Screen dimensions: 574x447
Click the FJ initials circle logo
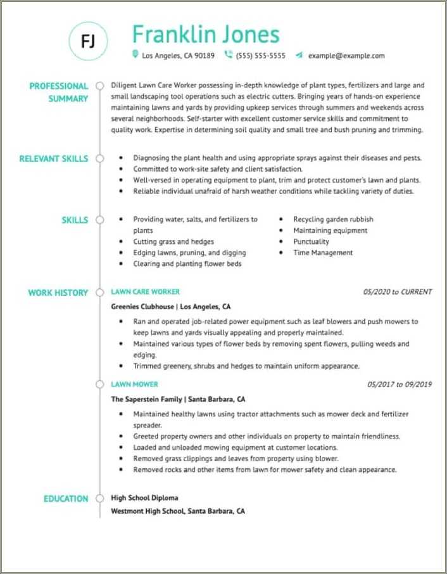point(89,41)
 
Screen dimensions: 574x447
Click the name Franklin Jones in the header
point(206,34)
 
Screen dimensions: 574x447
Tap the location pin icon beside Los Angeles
point(135,55)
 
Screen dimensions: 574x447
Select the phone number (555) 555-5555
point(260,56)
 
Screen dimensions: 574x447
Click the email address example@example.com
point(346,56)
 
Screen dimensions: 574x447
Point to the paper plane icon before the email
point(299,55)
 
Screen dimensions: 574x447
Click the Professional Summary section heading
point(59,92)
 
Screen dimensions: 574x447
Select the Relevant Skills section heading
point(54,158)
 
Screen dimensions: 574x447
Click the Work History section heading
point(58,293)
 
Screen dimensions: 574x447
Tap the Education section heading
point(66,499)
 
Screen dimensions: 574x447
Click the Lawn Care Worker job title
point(145,292)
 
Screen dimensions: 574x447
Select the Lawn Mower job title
point(134,385)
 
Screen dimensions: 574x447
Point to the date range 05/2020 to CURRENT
point(397,292)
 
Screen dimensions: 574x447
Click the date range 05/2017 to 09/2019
point(399,385)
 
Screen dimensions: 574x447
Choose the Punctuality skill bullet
point(311,241)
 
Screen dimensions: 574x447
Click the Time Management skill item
point(323,253)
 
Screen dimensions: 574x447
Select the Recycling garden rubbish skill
point(333,219)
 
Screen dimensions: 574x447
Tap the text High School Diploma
point(144,498)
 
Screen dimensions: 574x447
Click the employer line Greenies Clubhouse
point(171,305)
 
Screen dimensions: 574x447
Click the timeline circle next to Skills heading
point(99,220)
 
